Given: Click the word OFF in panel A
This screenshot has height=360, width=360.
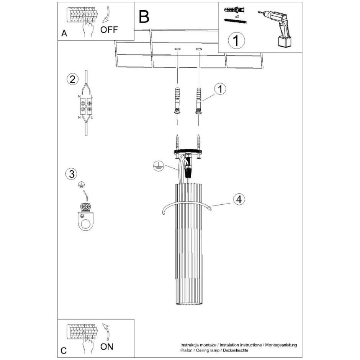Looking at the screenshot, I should pos(109,29).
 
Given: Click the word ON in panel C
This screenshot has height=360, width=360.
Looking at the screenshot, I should pos(107,347).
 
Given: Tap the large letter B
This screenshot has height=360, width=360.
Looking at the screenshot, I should pos(144,16).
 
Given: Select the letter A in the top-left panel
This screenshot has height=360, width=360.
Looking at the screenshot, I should pos(64,34).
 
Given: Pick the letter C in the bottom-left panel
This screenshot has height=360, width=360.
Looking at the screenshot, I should pos(64,350).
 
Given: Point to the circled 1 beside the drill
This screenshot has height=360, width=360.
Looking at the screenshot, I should pos(236,40).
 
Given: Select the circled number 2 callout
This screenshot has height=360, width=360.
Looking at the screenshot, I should pos(71,80).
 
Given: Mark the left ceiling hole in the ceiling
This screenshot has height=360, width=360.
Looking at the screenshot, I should pos(177,49).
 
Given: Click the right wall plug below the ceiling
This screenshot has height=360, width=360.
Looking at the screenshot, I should pos(198,101).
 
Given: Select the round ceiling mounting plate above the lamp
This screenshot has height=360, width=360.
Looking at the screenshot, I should pos(188,152).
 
